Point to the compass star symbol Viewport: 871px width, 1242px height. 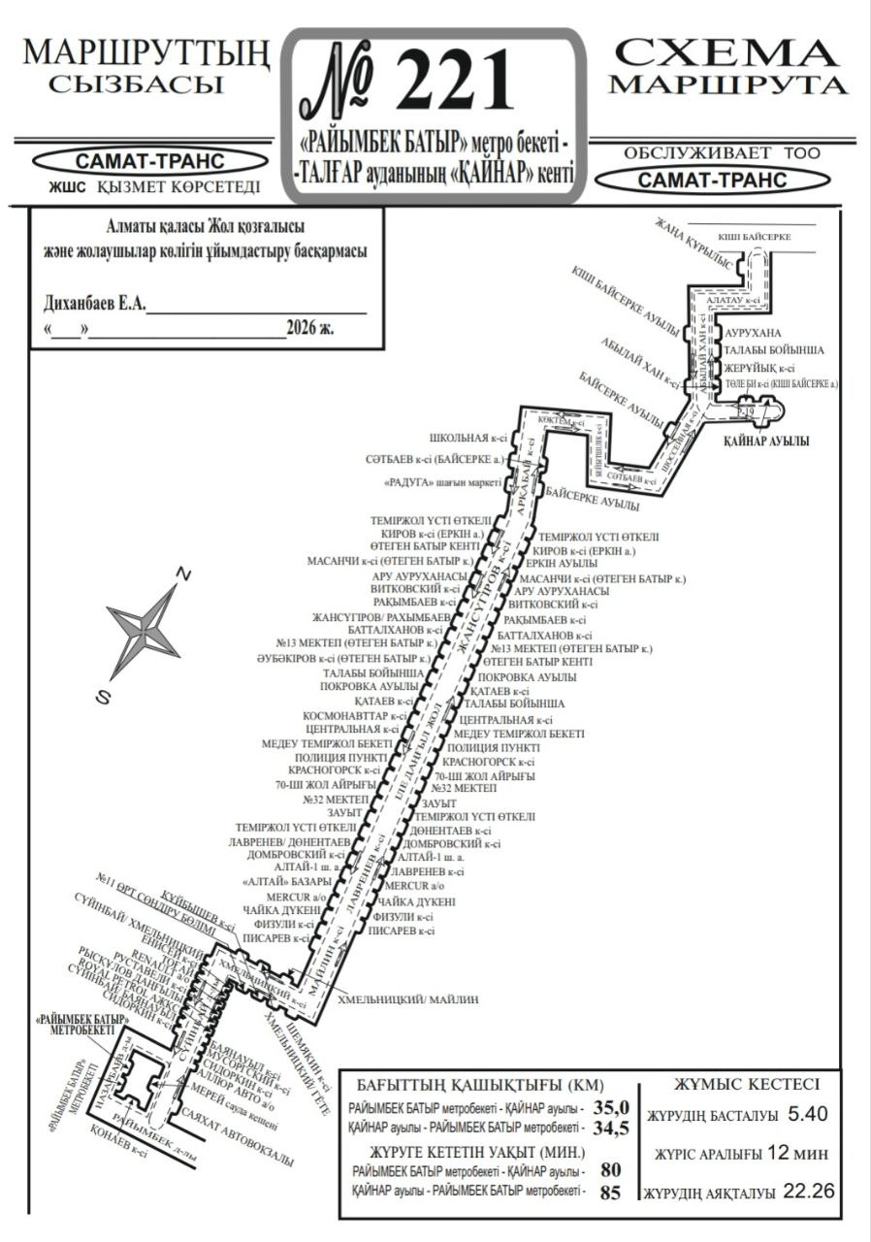tap(144, 630)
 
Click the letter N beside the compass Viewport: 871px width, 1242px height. tap(181, 575)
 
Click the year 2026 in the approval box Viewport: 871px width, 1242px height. tap(303, 328)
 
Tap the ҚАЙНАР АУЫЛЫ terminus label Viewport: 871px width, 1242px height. tap(766, 441)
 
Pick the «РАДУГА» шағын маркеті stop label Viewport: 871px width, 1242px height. tap(442, 482)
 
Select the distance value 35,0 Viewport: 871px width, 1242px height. tap(611, 1107)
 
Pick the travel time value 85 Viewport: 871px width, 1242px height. tap(610, 1193)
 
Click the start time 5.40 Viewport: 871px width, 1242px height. tap(808, 1115)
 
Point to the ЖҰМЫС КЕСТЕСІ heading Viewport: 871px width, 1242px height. tap(746, 1084)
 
